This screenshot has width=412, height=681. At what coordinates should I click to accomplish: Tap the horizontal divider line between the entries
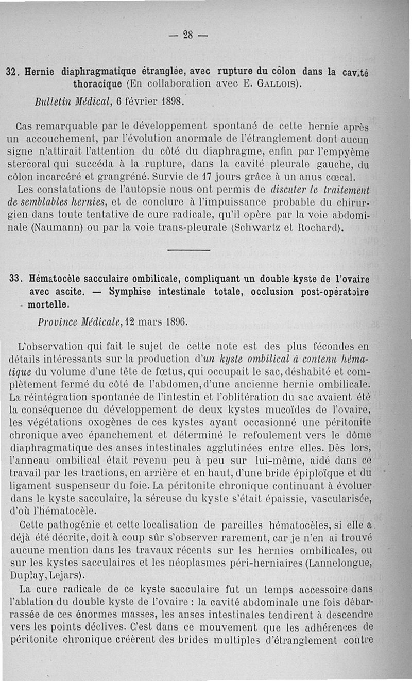pyautogui.click(x=189, y=250)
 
